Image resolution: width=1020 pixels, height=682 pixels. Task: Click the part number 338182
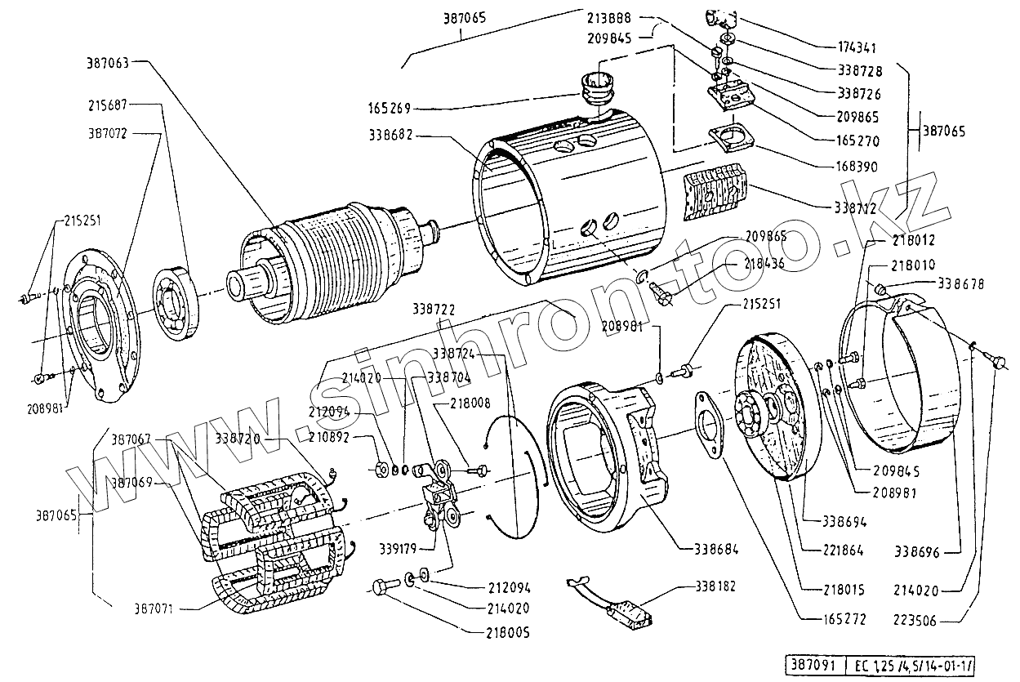click(717, 586)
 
